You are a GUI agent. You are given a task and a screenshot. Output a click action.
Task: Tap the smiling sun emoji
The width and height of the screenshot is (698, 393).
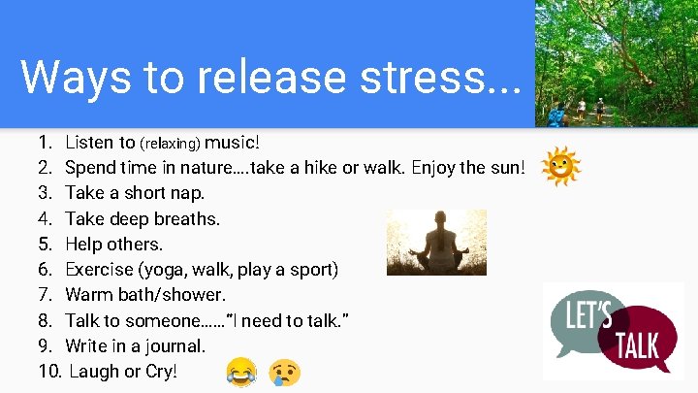[561, 168]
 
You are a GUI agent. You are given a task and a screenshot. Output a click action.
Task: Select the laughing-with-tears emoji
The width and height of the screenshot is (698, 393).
[240, 372]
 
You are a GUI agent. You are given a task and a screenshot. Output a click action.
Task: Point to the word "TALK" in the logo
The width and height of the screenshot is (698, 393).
[636, 345]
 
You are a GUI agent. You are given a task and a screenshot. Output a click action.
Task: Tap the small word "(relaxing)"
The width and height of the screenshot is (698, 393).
[171, 144]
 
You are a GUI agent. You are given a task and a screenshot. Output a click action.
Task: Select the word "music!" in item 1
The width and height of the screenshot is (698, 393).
[233, 143]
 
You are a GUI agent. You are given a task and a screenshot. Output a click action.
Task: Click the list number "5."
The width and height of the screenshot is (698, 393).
[47, 244]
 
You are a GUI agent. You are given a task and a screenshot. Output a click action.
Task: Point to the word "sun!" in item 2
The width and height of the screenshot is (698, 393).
[508, 168]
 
